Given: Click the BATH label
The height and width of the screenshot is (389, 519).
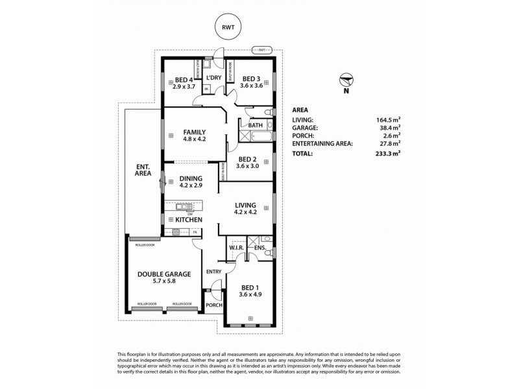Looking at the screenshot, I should tap(255, 125).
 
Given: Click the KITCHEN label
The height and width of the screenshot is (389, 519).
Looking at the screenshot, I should tap(189, 220).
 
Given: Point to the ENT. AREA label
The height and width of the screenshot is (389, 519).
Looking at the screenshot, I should tap(143, 170).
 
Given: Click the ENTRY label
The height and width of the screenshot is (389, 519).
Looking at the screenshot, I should tap(213, 272).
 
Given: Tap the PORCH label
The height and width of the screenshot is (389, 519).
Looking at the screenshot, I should tap(213, 305).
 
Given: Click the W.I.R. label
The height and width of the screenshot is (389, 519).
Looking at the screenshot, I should tap(235, 248).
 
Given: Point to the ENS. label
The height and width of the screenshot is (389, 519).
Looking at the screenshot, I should tap(259, 248).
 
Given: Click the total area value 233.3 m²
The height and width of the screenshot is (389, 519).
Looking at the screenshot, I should tap(389, 154).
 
